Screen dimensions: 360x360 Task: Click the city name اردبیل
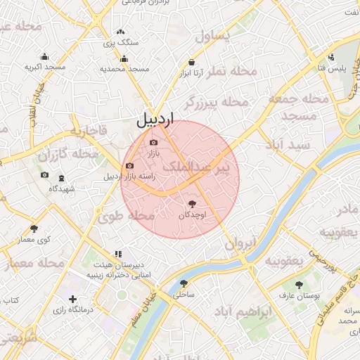pyautogui.click(x=155, y=120)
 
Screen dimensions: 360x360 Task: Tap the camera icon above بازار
pyautogui.click(x=154, y=143)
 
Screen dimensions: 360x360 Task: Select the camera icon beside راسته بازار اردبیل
pyautogui.click(x=129, y=166)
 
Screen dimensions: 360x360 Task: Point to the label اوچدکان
pyautogui.click(x=190, y=215)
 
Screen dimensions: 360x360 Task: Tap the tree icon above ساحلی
pyautogui.click(x=184, y=284)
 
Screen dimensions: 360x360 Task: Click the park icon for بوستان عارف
pyautogui.click(x=299, y=284)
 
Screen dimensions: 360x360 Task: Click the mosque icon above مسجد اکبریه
pyautogui.click(x=45, y=57)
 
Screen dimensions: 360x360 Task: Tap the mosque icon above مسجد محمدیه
pyautogui.click(x=124, y=58)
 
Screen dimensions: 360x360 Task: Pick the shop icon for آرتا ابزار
pyautogui.click(x=191, y=62)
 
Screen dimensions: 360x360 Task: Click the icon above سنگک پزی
pyautogui.click(x=121, y=32)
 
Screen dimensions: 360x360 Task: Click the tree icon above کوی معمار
pyautogui.click(x=34, y=229)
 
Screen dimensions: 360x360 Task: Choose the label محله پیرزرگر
pyautogui.click(x=217, y=104)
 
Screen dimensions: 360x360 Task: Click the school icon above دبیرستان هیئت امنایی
pyautogui.click(x=117, y=254)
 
